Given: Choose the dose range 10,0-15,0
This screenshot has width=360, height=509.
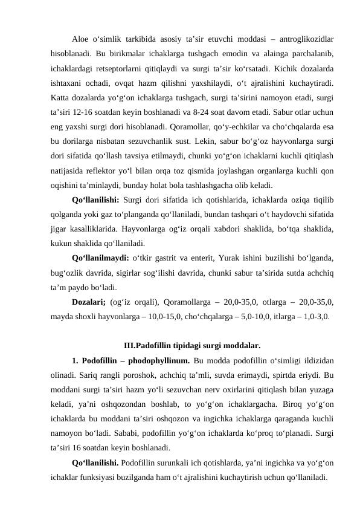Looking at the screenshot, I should pyautogui.click(x=163, y=314).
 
